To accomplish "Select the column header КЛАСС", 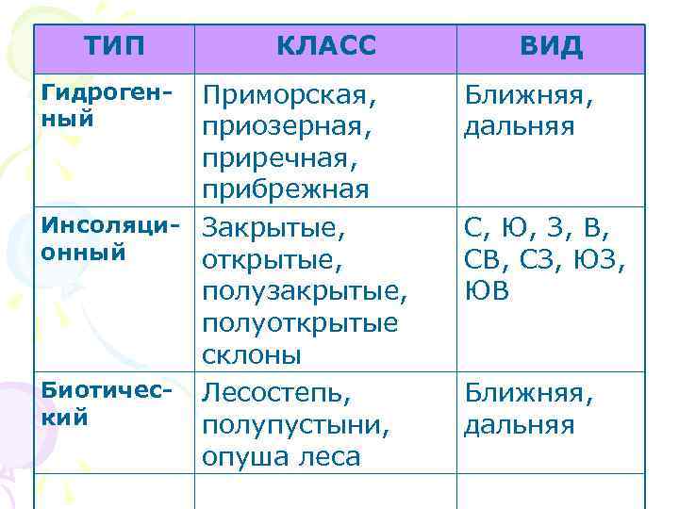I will click(326, 46).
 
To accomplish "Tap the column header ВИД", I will click(551, 46).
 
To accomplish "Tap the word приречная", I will click(280, 158).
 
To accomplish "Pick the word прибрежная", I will click(286, 189).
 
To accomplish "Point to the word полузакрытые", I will click(304, 291).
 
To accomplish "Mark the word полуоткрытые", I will click(300, 322).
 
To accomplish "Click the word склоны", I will click(252, 354).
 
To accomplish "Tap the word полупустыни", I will click(295, 425).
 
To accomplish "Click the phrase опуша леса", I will click(281, 457).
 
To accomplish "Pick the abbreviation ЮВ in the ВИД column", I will click(487, 291).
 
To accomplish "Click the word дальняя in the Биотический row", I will click(518, 425).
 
